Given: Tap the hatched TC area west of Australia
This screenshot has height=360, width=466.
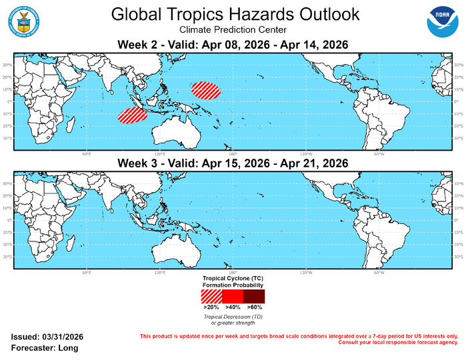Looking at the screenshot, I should pos(132,115).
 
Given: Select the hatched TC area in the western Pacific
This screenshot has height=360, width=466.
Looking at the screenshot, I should pos(205,90).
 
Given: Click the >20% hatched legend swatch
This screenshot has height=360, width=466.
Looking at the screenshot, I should pos(210,296).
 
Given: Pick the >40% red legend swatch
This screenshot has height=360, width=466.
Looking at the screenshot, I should pos(233,296).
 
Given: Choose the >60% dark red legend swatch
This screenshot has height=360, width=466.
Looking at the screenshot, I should pos(254,296).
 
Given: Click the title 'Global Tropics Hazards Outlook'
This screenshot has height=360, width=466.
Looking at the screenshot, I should pos(234,14).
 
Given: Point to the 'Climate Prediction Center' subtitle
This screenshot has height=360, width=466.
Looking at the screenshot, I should pos(234,30).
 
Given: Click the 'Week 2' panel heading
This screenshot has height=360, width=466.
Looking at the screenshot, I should pos(233,45).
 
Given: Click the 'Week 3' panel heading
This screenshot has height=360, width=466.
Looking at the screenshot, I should pos(233,163).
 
